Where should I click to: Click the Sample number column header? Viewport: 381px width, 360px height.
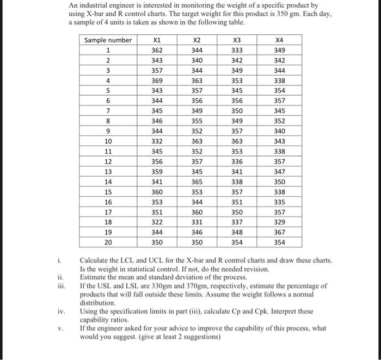108,40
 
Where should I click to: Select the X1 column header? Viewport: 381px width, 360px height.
157,40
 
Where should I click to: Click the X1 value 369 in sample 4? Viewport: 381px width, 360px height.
157,80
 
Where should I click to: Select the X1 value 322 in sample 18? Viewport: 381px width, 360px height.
157,222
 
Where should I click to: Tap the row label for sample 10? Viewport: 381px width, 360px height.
108,141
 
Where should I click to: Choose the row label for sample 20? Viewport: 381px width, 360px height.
108,242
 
